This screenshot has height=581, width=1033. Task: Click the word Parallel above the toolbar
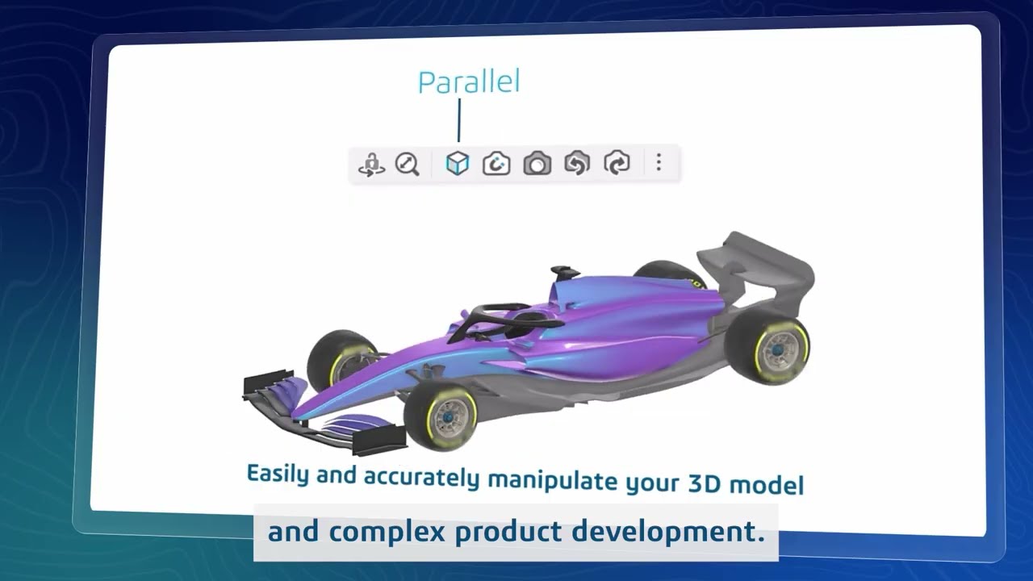coord(468,82)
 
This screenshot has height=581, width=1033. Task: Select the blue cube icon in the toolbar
coord(458,164)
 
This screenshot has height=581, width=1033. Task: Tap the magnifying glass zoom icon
coord(408,165)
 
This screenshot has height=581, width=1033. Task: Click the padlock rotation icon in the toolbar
coord(371,165)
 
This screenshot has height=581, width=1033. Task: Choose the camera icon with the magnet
coord(496,164)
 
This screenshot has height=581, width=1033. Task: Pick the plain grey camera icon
coord(537,165)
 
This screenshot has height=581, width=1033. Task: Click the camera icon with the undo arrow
coord(576,164)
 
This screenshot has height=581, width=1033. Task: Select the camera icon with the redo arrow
coord(617,164)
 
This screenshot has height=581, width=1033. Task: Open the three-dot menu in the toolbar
coord(659,164)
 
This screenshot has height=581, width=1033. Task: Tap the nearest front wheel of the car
coord(441,416)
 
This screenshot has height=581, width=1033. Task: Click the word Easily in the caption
coord(278,473)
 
